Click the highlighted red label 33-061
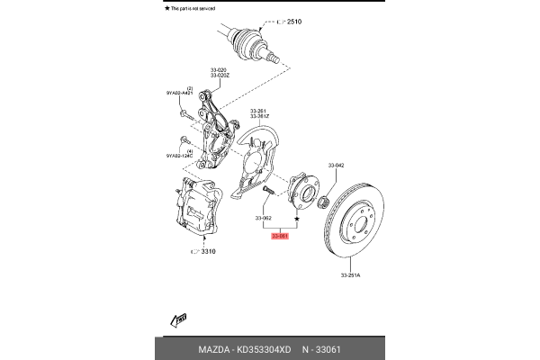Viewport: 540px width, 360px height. [280, 236]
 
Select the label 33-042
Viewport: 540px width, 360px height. [337, 166]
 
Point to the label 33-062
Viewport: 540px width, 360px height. [264, 218]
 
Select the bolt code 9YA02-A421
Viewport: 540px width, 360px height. [180, 94]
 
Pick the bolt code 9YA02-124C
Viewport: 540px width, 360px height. [180, 156]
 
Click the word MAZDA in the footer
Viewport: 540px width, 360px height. [214, 348]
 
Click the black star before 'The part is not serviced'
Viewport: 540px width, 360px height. [167, 7]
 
